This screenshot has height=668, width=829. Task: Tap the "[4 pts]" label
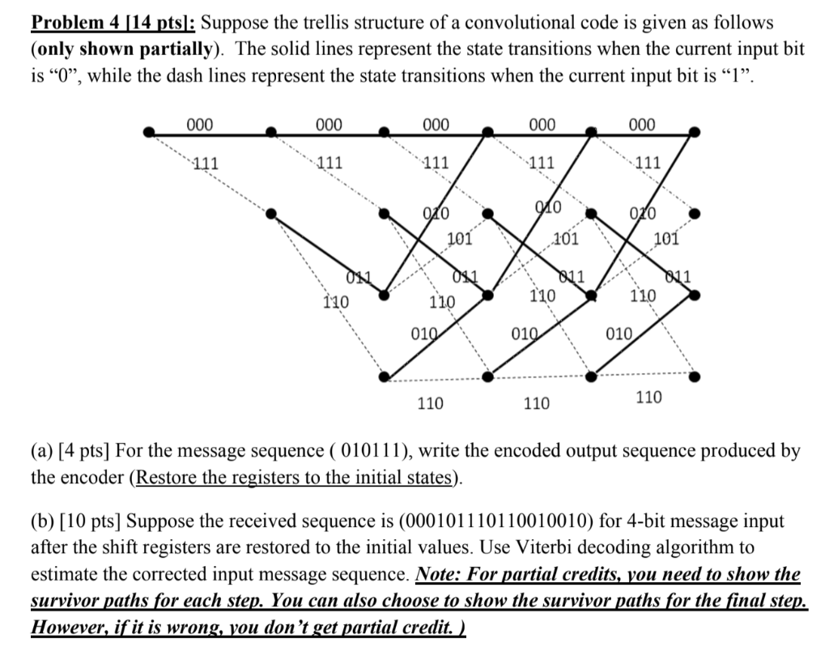pos(87,451)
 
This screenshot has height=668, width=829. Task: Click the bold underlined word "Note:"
pos(439,574)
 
